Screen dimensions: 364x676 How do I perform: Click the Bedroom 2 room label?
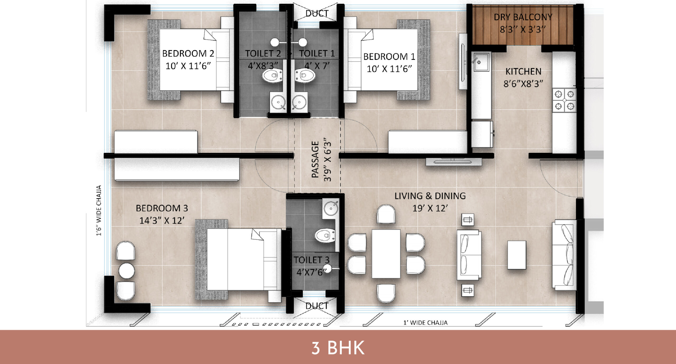point(188,54)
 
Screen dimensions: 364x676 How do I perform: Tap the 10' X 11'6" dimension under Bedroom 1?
point(389,69)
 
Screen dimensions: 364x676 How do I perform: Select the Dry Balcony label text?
point(523,17)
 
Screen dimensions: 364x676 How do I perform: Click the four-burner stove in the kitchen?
point(564,100)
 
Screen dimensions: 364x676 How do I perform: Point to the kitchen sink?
point(481,62)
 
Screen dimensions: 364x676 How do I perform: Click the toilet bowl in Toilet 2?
point(273,76)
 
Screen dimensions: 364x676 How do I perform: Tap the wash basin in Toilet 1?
point(299,102)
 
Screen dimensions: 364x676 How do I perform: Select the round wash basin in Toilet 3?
point(331,208)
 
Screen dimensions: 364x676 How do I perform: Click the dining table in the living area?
point(386,254)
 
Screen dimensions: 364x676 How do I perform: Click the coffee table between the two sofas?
point(517,255)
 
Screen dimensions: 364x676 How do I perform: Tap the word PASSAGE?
point(315,159)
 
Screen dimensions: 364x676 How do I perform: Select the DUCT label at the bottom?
point(317,306)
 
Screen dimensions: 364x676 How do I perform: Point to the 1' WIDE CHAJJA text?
point(425,323)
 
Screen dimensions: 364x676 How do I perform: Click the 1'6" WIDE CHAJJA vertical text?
point(99,210)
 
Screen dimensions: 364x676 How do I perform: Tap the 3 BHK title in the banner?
point(338,348)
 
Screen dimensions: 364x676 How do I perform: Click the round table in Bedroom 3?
point(126,271)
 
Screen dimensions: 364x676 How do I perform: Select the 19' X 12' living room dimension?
point(430,208)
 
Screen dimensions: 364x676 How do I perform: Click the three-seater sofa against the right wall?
point(565,255)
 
